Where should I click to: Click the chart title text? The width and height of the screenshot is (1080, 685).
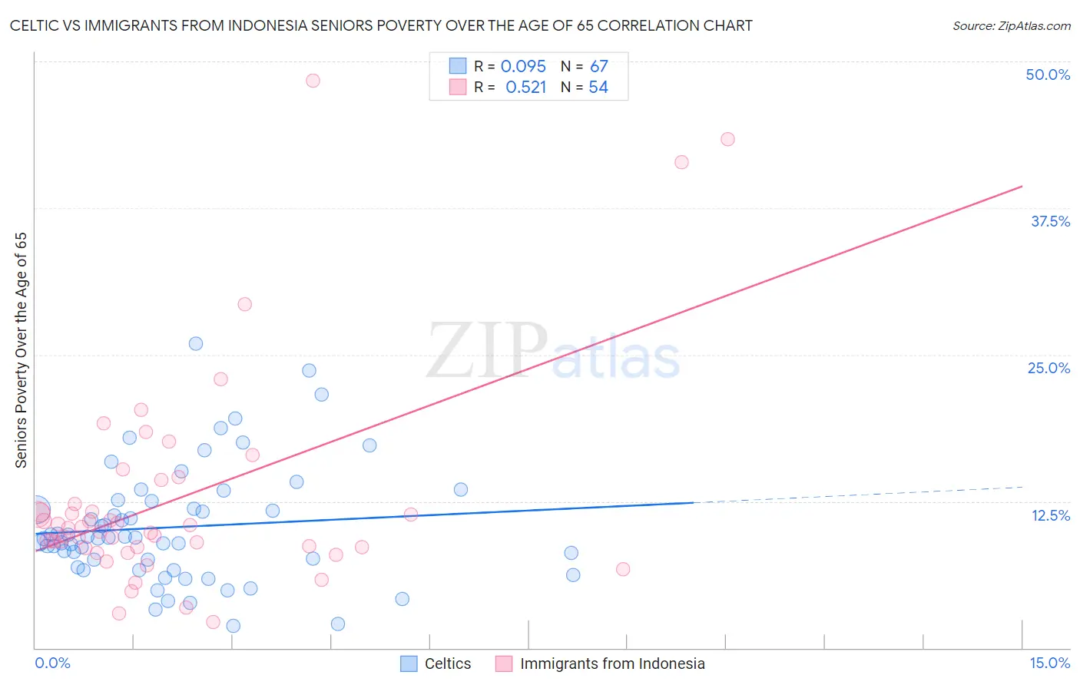(x=381, y=25)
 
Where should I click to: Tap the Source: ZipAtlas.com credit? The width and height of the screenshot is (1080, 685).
(x=1011, y=26)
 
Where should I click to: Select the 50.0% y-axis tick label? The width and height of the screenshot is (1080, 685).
(x=1048, y=74)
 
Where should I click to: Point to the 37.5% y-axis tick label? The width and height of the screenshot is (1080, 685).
(x=1050, y=221)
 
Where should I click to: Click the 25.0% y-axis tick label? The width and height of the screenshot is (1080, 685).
(x=1049, y=368)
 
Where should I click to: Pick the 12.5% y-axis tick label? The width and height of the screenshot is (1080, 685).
(x=1050, y=515)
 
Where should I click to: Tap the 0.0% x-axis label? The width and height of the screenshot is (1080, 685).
(x=52, y=663)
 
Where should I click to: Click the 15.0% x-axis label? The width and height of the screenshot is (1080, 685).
(x=1049, y=663)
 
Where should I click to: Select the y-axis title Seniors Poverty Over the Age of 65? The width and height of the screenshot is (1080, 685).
(x=21, y=350)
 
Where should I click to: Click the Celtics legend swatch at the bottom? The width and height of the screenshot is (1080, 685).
(x=409, y=663)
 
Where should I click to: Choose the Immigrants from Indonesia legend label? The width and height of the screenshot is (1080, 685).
(x=612, y=663)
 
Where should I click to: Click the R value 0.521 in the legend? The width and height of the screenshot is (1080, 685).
(x=525, y=88)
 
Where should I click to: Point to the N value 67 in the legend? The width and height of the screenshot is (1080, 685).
(x=598, y=67)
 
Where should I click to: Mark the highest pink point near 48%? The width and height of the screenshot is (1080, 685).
(x=313, y=81)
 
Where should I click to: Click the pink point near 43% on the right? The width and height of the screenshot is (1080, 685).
(x=727, y=139)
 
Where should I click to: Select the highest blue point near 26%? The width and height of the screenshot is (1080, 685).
(x=196, y=344)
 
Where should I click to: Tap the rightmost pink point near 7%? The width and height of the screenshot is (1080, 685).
(x=623, y=569)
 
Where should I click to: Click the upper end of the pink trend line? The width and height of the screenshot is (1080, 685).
(x=1022, y=187)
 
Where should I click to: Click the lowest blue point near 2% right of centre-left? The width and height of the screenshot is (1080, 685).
(x=338, y=624)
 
